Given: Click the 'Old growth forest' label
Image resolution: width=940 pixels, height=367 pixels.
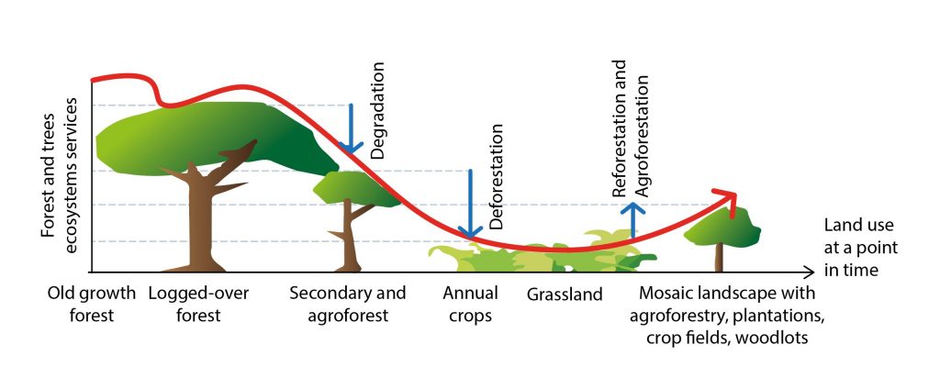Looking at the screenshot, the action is click(x=92, y=304).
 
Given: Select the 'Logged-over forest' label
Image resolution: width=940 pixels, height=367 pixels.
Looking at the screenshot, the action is click(x=198, y=304).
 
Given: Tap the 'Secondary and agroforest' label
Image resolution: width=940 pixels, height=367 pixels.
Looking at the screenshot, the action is click(x=348, y=304).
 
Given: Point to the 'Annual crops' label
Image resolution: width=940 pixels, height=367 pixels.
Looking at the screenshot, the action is click(x=471, y=304).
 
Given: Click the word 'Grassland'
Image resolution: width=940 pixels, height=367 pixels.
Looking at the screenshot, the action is click(x=565, y=295).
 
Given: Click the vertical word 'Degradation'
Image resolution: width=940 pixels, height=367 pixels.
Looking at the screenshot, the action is click(x=377, y=110).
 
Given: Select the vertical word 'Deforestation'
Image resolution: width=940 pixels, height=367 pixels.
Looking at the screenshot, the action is click(x=496, y=177).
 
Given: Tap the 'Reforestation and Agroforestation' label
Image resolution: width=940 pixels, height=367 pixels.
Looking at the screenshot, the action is click(x=630, y=128).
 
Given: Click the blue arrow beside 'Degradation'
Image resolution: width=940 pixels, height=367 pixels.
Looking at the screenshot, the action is click(x=351, y=128).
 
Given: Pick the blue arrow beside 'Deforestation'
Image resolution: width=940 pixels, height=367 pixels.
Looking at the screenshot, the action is click(x=471, y=204).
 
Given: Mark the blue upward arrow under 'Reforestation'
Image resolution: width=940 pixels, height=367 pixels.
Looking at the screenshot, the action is click(x=632, y=220).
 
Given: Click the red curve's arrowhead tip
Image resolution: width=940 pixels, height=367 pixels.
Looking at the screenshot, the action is click(x=736, y=195).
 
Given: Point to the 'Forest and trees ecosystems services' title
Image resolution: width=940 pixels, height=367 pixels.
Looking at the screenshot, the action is click(x=60, y=175).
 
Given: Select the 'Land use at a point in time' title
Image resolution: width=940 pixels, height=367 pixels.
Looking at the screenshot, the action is click(x=860, y=248).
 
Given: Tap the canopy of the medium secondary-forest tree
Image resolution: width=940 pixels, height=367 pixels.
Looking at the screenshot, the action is click(x=355, y=189).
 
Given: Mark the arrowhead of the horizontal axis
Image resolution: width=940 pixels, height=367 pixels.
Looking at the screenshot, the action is click(x=810, y=272).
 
